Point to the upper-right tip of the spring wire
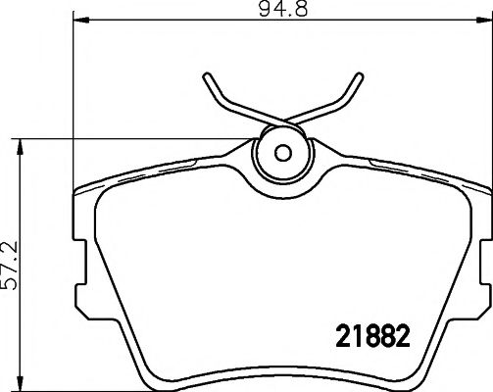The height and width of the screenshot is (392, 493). point(355,76)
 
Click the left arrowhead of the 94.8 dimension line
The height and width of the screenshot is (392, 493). point(78,20)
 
